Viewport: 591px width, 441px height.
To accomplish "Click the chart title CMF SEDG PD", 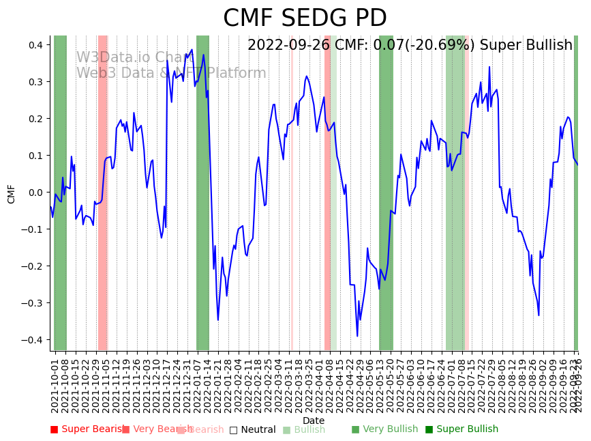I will [x=305, y=18].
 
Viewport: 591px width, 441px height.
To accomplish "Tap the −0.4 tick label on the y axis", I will [x=34, y=340].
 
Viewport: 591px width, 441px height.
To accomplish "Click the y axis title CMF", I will [x=12, y=193].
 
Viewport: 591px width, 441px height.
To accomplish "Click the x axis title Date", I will [x=314, y=421].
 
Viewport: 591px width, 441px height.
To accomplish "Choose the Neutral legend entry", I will [x=253, y=429].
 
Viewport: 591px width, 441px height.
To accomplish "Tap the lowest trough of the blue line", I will [x=357, y=336].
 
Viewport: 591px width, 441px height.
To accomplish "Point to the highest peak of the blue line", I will [x=192, y=49].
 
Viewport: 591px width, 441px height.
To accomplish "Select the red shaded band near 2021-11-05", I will [x=103, y=193].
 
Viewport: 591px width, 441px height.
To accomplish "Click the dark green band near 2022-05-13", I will [x=386, y=193].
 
